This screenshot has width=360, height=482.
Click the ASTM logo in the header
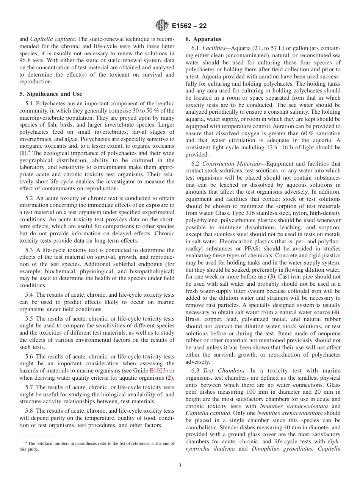pos(162,26)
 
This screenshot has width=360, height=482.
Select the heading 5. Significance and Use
pos(51,94)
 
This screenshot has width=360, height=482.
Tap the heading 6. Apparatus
pos(203,39)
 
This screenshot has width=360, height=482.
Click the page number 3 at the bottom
pos(180,466)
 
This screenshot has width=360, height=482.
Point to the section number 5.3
pos(30,250)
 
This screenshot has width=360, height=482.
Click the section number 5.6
pos(30,357)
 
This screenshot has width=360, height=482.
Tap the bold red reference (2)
pos(170,378)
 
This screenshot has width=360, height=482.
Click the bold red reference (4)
pos(335,312)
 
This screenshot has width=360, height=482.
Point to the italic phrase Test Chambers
pos(221,371)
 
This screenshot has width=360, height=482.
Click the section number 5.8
pos(30,411)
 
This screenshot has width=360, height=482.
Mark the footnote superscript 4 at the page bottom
pos(26,443)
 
